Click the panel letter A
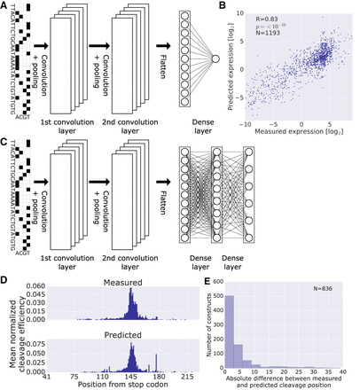6,6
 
